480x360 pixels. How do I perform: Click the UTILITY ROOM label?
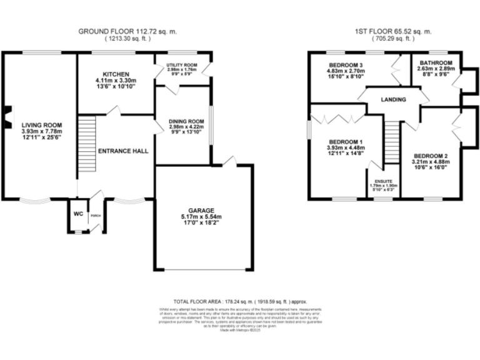tap(182, 65)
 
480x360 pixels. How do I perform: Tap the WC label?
tap(78, 214)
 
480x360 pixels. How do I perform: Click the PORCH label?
tap(95, 216)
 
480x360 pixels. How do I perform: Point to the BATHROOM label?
tap(435, 63)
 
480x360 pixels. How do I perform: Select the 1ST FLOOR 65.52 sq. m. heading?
tap(388, 31)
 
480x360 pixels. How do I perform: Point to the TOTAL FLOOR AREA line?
tap(240, 301)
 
